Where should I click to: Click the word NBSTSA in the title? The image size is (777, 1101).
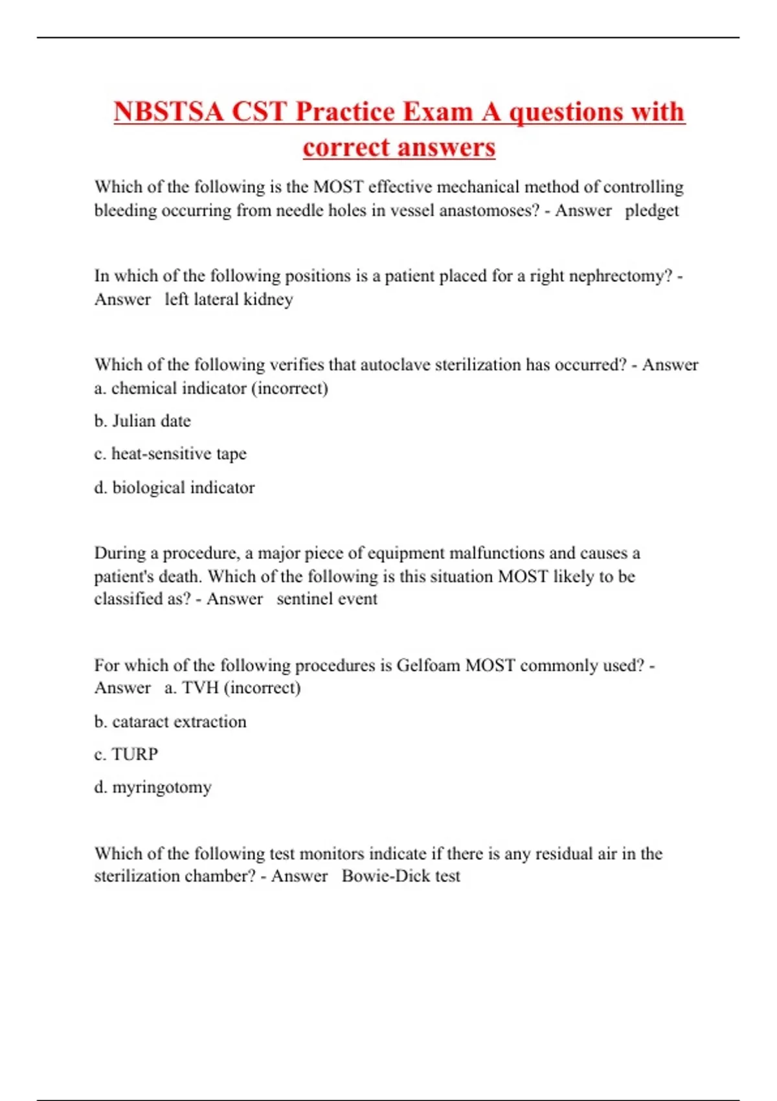point(168,111)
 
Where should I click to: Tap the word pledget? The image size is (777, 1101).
point(651,210)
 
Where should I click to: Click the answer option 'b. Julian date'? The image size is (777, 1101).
point(142,421)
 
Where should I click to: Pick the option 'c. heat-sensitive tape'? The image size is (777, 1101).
point(170,454)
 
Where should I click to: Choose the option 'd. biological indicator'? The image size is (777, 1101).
point(174,488)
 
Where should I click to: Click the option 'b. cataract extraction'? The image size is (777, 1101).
point(170,721)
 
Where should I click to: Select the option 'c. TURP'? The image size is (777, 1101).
point(126,755)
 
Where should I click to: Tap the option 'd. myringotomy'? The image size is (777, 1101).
point(153,788)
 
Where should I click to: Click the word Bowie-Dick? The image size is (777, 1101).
point(385,876)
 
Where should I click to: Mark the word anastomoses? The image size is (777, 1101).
point(488,210)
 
